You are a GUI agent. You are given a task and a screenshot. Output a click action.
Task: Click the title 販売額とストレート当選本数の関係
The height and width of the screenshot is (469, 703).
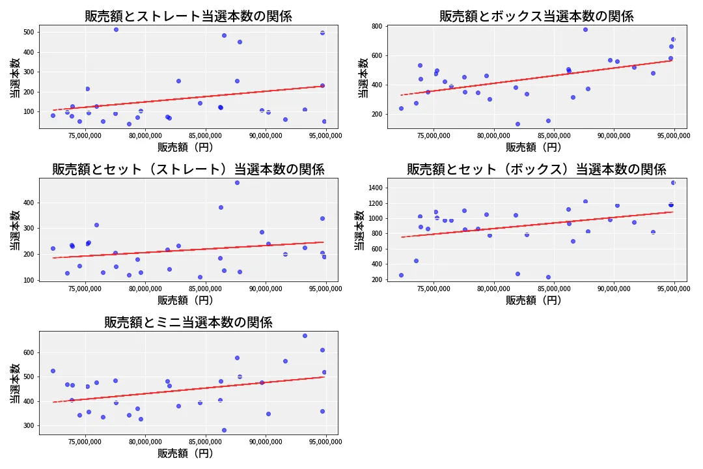[188, 16]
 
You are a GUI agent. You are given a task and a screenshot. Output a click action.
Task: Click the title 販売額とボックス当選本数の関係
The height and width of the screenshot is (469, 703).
[536, 16]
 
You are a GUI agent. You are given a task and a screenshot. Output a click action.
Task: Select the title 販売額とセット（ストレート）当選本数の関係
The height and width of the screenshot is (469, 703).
[188, 169]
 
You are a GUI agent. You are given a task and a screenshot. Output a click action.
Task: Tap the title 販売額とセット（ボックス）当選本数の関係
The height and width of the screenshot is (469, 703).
[536, 169]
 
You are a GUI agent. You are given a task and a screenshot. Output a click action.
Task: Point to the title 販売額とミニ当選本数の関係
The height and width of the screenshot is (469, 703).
[188, 322]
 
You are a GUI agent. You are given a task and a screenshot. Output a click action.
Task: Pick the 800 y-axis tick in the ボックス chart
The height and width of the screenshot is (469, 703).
[376, 27]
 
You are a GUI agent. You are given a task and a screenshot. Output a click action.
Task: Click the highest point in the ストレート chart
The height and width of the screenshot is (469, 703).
[116, 29]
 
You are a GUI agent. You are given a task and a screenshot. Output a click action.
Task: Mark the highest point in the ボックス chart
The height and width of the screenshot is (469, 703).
[585, 29]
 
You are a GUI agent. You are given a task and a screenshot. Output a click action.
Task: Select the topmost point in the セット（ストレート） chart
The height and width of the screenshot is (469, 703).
[237, 182]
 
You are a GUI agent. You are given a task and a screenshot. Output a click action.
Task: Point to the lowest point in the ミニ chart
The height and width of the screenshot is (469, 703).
[224, 430]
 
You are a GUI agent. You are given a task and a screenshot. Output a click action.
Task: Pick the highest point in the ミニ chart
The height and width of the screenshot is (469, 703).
[305, 335]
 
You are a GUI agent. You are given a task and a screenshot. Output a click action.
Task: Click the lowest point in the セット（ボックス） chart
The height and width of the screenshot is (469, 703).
[548, 277]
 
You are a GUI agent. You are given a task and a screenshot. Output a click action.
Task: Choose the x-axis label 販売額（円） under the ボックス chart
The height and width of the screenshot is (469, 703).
[536, 147]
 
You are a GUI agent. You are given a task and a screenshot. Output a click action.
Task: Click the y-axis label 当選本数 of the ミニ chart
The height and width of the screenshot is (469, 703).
[14, 383]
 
